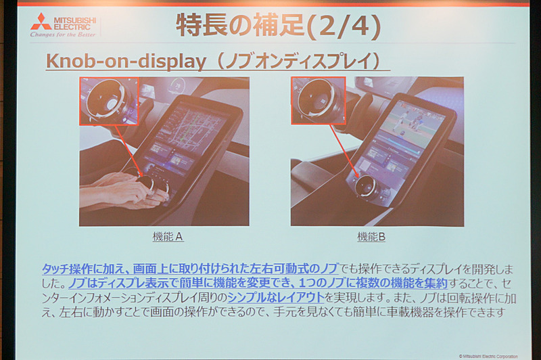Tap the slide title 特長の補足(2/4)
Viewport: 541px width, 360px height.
tap(278, 26)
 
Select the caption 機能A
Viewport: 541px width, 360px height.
tap(168, 238)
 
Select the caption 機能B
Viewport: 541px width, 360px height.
tap(371, 238)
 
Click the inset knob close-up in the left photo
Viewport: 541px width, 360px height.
tap(109, 101)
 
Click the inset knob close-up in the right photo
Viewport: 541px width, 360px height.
tap(319, 100)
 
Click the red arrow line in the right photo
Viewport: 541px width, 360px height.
tap(342, 152)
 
